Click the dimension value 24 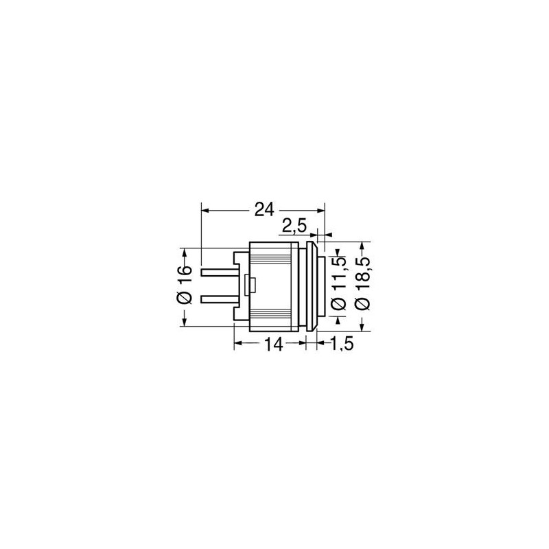(x=264, y=210)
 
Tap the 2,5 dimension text (x=294, y=226)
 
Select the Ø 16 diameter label (x=185, y=285)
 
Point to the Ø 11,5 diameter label (x=338, y=284)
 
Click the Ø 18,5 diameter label (x=363, y=284)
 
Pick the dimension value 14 (x=273, y=344)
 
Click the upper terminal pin (x=219, y=272)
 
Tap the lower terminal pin (x=219, y=300)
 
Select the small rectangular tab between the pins (x=251, y=285)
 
